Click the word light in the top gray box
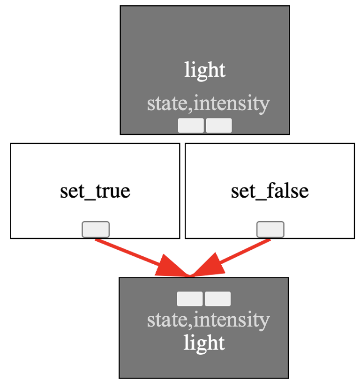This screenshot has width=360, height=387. pyautogui.click(x=205, y=70)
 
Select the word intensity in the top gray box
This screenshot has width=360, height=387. pyautogui.click(x=232, y=104)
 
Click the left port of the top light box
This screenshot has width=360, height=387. pyautogui.click(x=191, y=126)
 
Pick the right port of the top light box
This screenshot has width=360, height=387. pyautogui.click(x=219, y=126)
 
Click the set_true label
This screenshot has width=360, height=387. pyautogui.click(x=95, y=191)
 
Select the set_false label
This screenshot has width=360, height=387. pyautogui.click(x=270, y=191)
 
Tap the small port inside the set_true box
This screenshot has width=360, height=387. pyautogui.click(x=96, y=229)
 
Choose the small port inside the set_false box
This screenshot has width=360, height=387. pyautogui.click(x=270, y=229)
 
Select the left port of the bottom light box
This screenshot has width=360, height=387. pyautogui.click(x=190, y=299)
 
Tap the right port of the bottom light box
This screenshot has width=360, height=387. pyautogui.click(x=218, y=299)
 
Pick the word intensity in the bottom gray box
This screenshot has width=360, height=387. pyautogui.click(x=232, y=320)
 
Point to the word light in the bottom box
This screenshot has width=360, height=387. pyautogui.click(x=204, y=343)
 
